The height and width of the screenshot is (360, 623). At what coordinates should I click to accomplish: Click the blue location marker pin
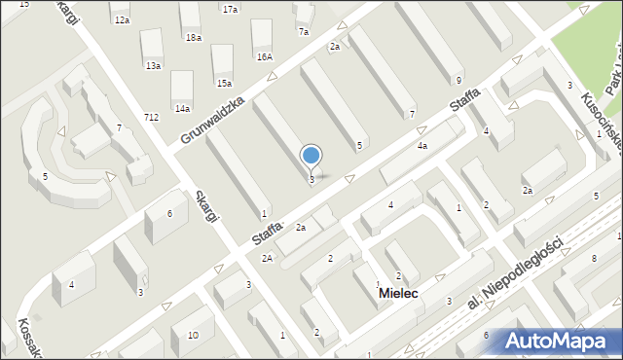coord(311,156)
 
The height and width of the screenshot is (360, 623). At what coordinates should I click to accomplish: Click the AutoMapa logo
coord(556,342)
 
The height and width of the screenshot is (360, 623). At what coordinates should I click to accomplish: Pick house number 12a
coord(121,19)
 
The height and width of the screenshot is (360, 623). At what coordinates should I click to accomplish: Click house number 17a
coord(230,9)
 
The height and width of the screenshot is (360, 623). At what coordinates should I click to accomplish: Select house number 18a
coord(194,37)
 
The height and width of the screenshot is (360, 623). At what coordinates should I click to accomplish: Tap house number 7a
coord(304,31)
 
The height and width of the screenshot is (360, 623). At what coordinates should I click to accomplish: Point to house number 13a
coord(153,65)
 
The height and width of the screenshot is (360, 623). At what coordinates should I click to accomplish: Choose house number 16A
coord(264,56)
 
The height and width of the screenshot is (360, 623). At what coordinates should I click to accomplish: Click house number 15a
coord(224,83)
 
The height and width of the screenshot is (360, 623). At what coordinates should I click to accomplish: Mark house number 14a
coord(182,108)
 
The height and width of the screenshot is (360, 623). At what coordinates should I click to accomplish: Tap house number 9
coord(458,79)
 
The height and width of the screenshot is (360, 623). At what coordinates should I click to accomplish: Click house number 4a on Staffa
coord(421,145)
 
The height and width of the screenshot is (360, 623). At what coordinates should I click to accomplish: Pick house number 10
coord(193,335)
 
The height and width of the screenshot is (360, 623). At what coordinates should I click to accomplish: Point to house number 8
coord(593,258)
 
